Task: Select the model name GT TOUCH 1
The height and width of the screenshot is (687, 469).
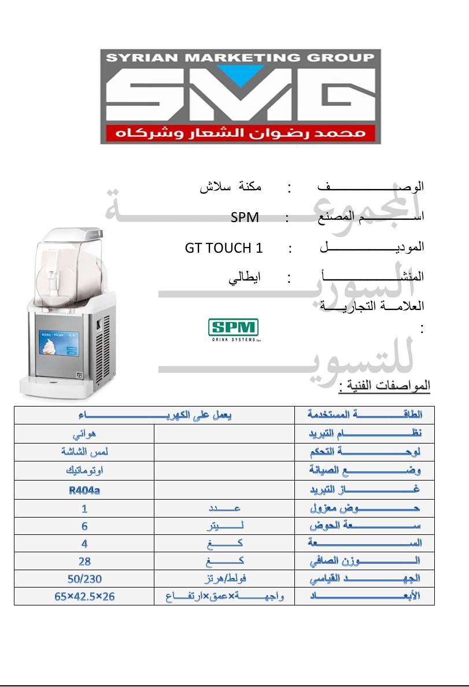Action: pyautogui.click(x=224, y=248)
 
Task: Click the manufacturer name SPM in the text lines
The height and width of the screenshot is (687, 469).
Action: pyautogui.click(x=244, y=217)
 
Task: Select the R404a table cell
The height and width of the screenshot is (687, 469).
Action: pyautogui.click(x=84, y=490)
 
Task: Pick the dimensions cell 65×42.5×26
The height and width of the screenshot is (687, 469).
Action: pyautogui.click(x=84, y=596)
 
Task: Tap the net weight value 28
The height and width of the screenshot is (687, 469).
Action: pyautogui.click(x=84, y=561)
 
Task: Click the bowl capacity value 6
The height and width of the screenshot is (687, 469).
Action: pyautogui.click(x=84, y=526)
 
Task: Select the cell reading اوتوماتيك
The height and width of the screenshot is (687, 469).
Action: pyautogui.click(x=84, y=471)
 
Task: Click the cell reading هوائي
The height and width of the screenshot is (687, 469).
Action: pyautogui.click(x=84, y=434)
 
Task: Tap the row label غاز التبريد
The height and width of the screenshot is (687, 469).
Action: pyautogui.click(x=364, y=490)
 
